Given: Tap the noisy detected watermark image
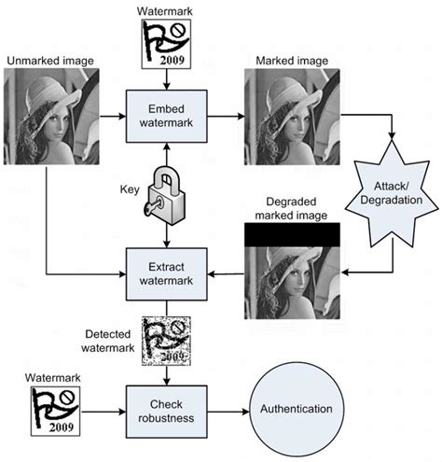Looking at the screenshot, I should [164, 343].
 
